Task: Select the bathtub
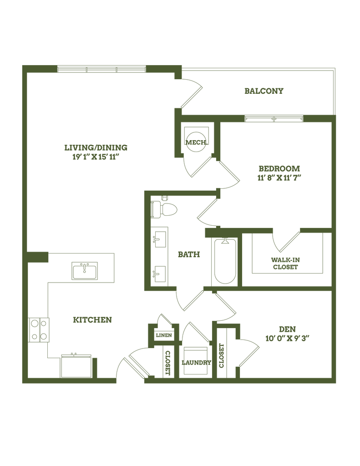[225, 261]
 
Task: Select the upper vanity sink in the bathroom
[159, 238]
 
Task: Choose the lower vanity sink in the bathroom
[159, 274]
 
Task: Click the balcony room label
[264, 91]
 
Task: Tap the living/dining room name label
[96, 147]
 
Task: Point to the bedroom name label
[279, 167]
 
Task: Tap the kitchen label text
[92, 320]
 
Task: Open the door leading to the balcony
[191, 93]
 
